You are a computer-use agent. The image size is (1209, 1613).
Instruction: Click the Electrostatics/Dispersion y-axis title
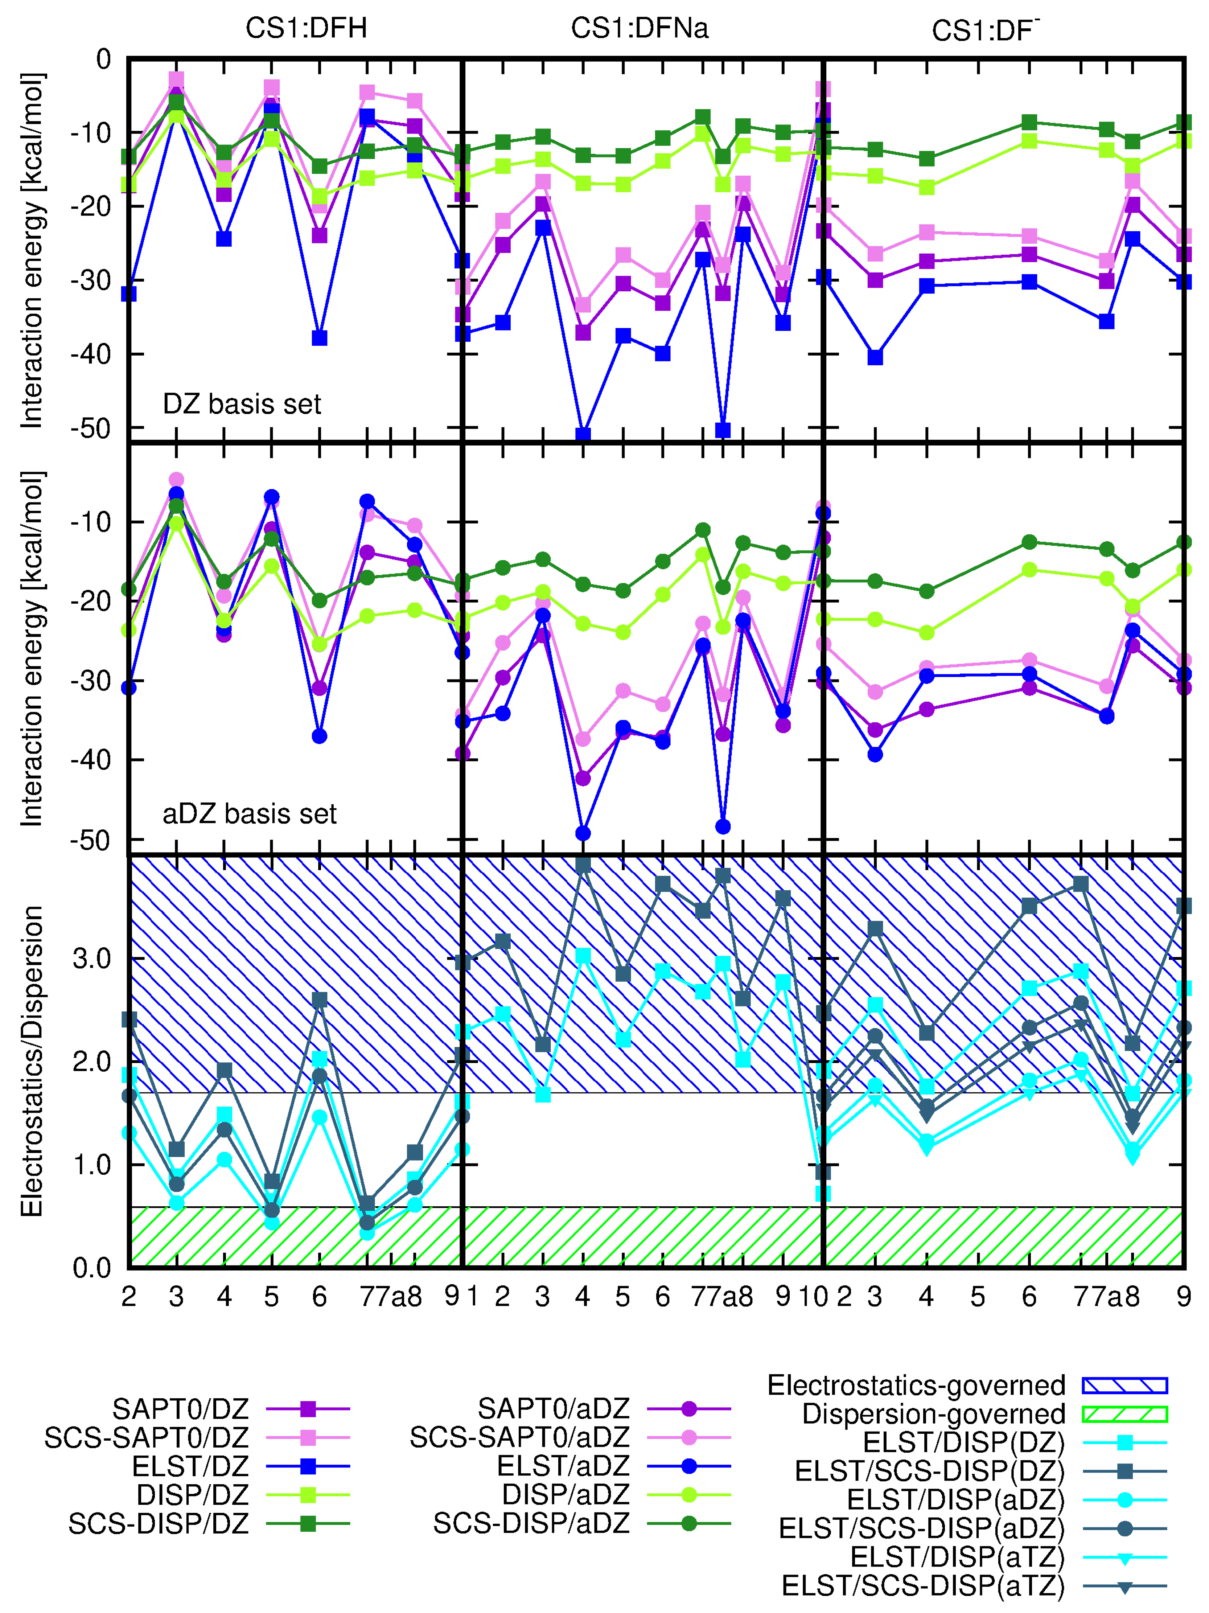31,1061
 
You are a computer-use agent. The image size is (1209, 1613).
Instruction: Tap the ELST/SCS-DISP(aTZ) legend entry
922,1585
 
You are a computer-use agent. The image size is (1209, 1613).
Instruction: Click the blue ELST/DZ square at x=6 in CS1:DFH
319,338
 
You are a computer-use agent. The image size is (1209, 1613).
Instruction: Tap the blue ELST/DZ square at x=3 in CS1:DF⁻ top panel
875,357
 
